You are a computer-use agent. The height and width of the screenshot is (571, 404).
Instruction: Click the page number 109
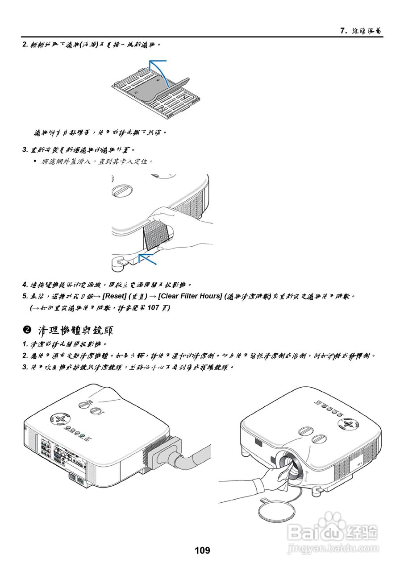(x=202, y=550)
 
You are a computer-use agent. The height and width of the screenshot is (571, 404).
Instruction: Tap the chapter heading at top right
(x=361, y=31)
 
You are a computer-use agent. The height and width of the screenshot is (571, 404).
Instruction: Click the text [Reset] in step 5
(x=114, y=296)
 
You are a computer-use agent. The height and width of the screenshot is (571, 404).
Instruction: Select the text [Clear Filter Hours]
(x=190, y=296)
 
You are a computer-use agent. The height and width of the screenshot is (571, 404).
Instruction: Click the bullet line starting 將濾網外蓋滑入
(x=96, y=161)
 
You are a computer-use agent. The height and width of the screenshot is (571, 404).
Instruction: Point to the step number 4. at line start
(x=25, y=285)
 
